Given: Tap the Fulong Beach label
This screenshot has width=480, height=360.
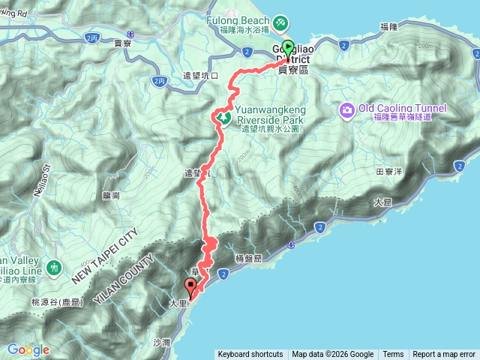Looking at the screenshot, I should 240,20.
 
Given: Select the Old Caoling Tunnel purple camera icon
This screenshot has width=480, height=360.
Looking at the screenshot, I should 346,110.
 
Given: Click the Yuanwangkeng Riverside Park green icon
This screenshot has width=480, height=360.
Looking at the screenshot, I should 223,118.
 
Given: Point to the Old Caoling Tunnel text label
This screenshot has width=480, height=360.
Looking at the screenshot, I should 402,108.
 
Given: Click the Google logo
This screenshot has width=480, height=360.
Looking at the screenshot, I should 28,349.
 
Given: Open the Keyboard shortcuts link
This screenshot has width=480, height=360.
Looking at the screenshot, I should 250,355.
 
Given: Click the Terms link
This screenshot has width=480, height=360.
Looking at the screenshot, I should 393,355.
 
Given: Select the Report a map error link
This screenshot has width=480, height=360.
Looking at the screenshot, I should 444,355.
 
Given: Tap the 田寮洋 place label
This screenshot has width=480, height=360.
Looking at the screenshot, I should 388,172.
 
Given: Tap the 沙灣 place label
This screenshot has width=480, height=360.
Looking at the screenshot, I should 162,342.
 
